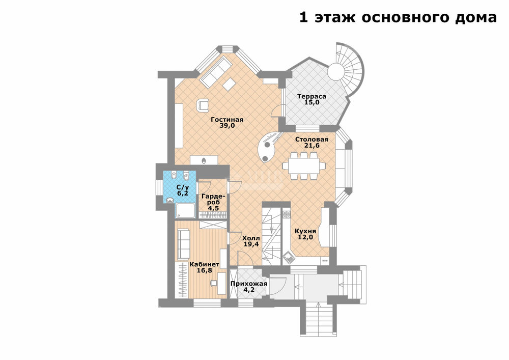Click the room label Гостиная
(227, 120)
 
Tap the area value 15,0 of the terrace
(312, 102)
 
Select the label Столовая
(312, 139)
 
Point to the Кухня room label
(305, 231)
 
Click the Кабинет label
(205, 264)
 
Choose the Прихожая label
(249, 284)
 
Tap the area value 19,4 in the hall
(251, 244)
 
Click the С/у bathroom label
(182, 187)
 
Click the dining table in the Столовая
(303, 166)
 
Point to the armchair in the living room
(203, 104)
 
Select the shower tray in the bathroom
(185, 210)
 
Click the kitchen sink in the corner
(288, 258)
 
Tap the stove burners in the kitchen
(286, 214)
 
